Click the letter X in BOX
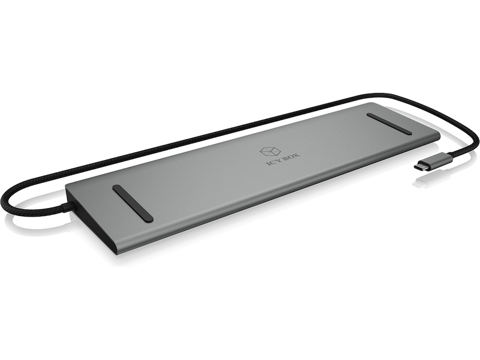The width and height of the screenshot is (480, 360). (x=297, y=154)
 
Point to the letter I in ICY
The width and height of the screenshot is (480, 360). (x=267, y=164)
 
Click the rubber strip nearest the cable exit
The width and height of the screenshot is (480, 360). (x=133, y=203)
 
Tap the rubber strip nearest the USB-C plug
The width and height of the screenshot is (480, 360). (x=389, y=124)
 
